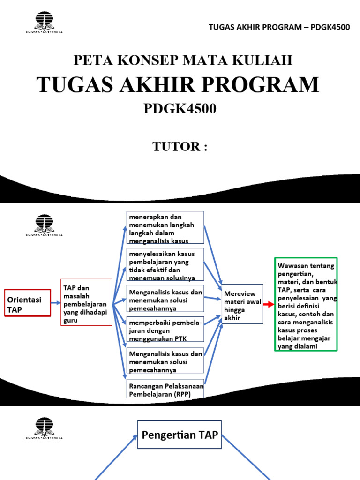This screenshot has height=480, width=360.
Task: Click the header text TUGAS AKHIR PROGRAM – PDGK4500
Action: [x=279, y=27]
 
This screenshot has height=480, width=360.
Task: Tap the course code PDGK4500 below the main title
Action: [x=180, y=109]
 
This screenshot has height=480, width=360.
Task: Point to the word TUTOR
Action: [x=177, y=146]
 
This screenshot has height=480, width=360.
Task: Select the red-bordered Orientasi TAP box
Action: [x=27, y=303]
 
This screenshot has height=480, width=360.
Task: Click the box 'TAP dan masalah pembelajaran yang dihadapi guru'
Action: [x=86, y=302]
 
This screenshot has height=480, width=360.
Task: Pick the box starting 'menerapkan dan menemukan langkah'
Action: [x=165, y=228]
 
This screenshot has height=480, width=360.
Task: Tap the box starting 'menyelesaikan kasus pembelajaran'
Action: [x=165, y=264]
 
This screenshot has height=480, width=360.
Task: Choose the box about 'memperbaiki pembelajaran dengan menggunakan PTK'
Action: [x=165, y=330]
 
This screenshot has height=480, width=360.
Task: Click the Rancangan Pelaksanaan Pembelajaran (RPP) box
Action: [x=165, y=389]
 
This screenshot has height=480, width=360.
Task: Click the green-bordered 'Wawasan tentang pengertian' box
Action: [x=306, y=304]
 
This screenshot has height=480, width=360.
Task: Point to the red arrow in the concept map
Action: [x=269, y=304]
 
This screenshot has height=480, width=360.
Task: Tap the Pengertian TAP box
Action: [x=180, y=435]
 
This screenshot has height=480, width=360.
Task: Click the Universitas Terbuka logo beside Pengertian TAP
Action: [x=44, y=427]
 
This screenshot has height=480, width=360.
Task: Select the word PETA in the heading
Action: [x=90, y=60]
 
